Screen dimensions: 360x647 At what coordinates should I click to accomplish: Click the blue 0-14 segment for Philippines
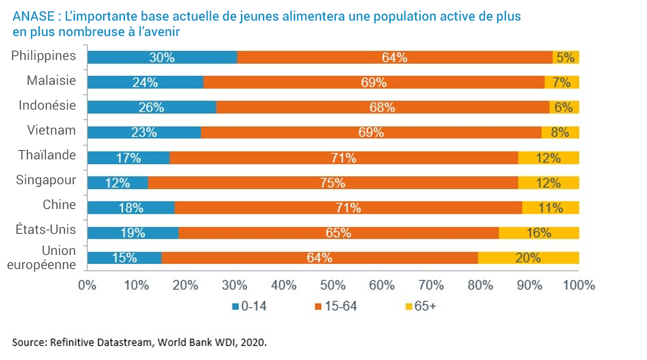tap(162, 57)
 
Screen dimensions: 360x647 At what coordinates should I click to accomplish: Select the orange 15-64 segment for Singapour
tap(333, 183)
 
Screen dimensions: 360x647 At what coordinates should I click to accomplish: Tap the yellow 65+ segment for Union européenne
tap(528, 258)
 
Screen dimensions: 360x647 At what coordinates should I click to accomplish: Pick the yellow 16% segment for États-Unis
tap(539, 233)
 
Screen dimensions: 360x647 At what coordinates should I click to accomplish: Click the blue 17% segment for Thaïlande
tap(128, 158)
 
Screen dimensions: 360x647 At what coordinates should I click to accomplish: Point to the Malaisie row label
tap(51, 81)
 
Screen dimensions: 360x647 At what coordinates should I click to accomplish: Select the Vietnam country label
tap(51, 130)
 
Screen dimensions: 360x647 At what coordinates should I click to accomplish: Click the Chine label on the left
tap(59, 205)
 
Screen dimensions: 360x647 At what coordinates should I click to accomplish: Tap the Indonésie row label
tap(47, 105)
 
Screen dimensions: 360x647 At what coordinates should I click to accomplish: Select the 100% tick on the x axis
tap(579, 285)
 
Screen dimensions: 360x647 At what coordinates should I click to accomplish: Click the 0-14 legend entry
tap(249, 307)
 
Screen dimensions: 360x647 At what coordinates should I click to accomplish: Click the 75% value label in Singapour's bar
tap(333, 183)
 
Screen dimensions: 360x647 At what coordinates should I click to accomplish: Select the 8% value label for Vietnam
tap(560, 133)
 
